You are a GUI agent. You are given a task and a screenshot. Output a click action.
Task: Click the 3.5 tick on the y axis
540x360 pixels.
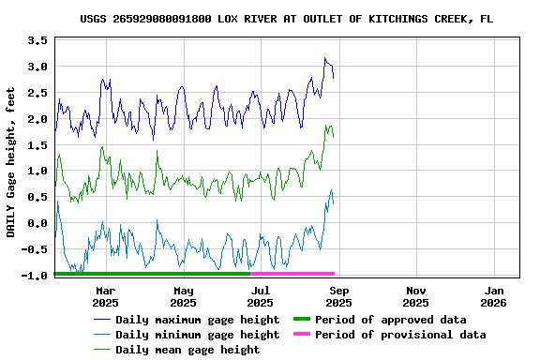pos(37,40)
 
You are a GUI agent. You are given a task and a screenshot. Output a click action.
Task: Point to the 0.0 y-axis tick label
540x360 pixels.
pos(37,223)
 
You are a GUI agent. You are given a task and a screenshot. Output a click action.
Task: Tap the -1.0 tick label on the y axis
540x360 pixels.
pos(34,276)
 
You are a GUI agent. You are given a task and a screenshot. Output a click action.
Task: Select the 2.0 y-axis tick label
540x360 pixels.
pos(37,119)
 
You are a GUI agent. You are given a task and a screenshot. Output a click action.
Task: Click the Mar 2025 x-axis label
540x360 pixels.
pos(105,296)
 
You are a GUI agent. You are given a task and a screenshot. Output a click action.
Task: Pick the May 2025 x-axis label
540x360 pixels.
pos(183,296)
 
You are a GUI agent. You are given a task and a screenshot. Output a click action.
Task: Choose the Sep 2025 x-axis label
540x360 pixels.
pos(338,296)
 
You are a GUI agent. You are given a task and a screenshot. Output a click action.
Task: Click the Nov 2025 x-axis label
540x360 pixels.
pos(415,296)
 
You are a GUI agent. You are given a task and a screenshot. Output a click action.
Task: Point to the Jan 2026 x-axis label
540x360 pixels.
pos(493,296)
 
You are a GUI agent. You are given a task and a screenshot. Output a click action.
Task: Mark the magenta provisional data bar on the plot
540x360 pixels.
pos(292,273)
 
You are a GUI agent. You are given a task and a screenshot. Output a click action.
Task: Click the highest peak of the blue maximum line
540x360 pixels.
pos(325,58)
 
